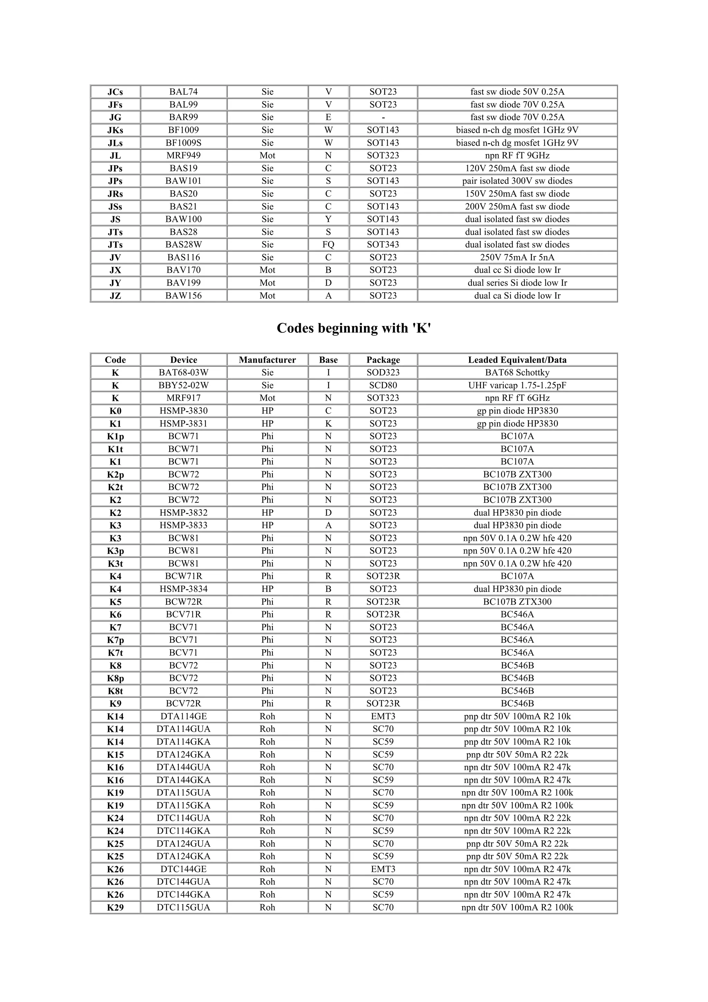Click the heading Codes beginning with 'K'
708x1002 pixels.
354,328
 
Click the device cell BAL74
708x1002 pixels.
183,92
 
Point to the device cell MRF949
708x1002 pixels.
183,155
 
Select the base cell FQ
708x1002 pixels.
328,245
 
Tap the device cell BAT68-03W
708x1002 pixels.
183,373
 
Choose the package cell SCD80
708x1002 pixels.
383,386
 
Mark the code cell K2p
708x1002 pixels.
115,474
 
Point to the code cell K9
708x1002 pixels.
115,704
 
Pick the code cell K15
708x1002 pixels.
115,754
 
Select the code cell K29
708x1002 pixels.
115,907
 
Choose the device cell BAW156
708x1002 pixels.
183,296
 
